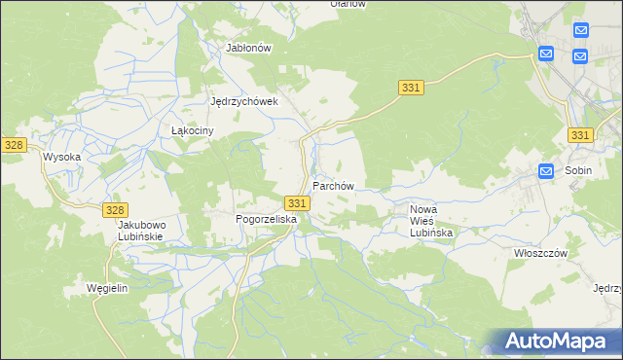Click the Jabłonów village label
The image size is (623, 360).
pyautogui.click(x=247, y=47)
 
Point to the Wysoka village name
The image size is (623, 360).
pyautogui.click(x=60, y=156)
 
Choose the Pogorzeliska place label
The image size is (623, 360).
pyautogui.click(x=266, y=220)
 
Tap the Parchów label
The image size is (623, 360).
pyautogui.click(x=332, y=185)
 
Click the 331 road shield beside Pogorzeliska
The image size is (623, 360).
pyautogui.click(x=298, y=202)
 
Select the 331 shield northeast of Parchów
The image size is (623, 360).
pyautogui.click(x=411, y=89)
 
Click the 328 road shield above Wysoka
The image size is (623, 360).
pyautogui.click(x=13, y=144)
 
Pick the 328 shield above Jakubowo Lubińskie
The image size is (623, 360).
pyautogui.click(x=115, y=210)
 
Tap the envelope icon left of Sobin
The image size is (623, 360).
pyautogui.click(x=547, y=171)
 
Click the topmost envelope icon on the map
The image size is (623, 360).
pyautogui.click(x=581, y=31)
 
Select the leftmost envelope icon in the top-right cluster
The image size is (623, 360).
pyautogui.click(x=545, y=54)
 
